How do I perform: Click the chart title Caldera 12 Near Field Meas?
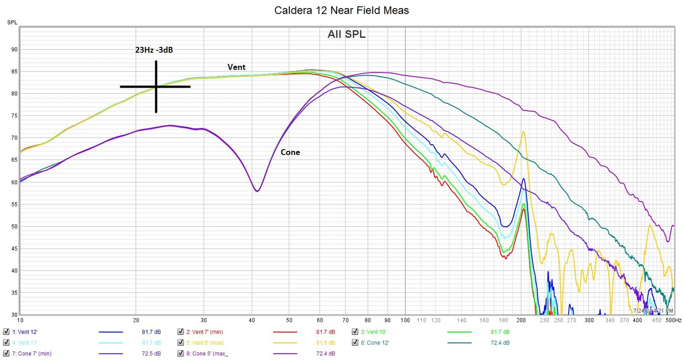(341, 10)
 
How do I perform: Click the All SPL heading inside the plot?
(346, 34)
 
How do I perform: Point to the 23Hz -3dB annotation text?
(154, 50)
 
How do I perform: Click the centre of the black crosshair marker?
(156, 87)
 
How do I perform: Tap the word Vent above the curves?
(236, 67)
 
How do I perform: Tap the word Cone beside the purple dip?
(290, 152)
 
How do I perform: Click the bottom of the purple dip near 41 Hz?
(257, 191)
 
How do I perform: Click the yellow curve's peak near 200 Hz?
(523, 132)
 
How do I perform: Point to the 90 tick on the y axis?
(14, 49)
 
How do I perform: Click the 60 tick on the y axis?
(14, 182)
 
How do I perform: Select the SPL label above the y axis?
(12, 22)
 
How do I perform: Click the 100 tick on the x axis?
(405, 320)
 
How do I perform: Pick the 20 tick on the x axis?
(136, 320)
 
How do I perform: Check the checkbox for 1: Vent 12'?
(6, 332)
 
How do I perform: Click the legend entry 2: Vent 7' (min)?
(204, 332)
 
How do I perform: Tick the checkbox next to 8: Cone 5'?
(181, 353)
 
